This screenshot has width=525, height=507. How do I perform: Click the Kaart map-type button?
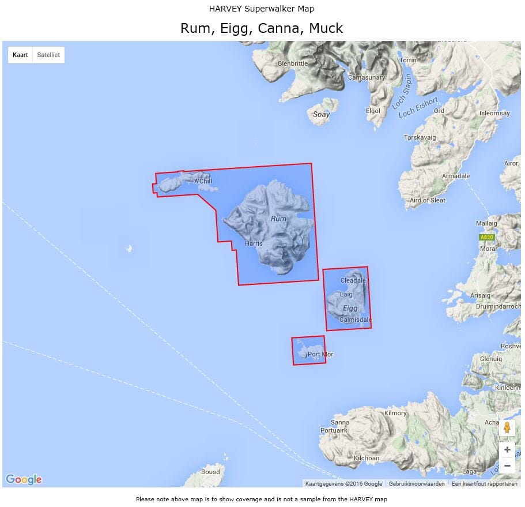coord(20,55)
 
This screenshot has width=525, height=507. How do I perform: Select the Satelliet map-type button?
coord(48,55)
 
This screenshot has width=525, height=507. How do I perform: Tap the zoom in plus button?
coord(507,450)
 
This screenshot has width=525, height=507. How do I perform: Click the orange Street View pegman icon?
coord(507,428)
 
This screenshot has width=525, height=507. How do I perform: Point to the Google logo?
coord(24,479)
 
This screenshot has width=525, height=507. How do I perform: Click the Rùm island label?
coord(278,219)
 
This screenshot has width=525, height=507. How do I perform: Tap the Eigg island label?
coord(350,308)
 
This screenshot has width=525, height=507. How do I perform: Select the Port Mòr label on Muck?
coord(320,354)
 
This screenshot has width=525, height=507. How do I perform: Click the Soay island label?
coord(321,114)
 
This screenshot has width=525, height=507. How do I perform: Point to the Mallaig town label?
coord(487,223)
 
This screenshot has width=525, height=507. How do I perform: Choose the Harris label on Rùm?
coord(254,243)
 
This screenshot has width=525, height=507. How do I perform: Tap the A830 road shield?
coord(487,237)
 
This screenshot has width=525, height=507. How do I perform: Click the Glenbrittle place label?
coord(293,63)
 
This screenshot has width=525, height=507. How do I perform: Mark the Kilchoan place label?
coord(367,458)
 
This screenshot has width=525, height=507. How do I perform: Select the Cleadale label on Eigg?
coord(353,281)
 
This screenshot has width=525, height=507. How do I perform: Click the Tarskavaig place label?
coord(420,137)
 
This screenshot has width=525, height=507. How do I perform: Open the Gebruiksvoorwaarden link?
coord(417,484)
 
